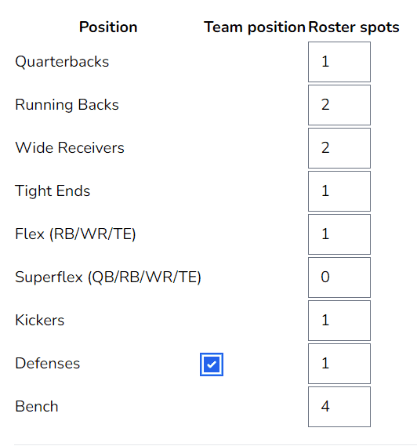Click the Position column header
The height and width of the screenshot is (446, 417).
[x=108, y=27]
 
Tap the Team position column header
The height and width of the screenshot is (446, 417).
[x=255, y=27]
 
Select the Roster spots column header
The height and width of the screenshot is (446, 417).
[x=354, y=27]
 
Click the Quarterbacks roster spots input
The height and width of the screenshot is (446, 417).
[x=339, y=62]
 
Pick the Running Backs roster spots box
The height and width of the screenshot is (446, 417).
[x=339, y=105]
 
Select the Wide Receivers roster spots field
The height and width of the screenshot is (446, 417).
[x=339, y=148]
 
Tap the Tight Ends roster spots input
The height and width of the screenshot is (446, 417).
[x=339, y=191]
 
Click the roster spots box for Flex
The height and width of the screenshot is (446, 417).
[x=339, y=234]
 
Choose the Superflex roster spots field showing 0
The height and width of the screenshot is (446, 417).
[x=339, y=277]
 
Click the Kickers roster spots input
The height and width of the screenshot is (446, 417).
[x=339, y=321]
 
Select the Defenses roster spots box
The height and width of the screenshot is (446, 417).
[x=339, y=364]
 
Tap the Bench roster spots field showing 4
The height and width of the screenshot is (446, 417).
[x=339, y=407]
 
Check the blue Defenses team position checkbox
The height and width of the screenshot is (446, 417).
[x=212, y=364]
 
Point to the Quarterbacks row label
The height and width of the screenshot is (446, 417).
[x=62, y=62]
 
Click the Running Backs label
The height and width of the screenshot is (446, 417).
[x=67, y=105]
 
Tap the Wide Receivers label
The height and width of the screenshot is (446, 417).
[x=70, y=148]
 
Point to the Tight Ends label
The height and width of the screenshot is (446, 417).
[x=53, y=190]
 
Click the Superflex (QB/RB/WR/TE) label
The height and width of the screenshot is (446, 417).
[x=108, y=277]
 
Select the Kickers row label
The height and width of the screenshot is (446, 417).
[x=40, y=321]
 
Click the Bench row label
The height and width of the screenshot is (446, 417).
[x=37, y=407]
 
